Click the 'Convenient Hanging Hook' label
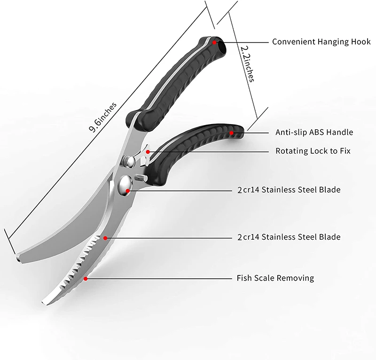(x=321, y=42)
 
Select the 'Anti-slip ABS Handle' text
(x=314, y=133)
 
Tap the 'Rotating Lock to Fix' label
(x=313, y=151)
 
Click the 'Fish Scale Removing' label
(x=275, y=278)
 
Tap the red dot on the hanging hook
(x=214, y=42)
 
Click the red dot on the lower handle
(x=231, y=133)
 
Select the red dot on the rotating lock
(x=148, y=151)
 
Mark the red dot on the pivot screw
(x=129, y=190)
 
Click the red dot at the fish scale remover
(x=86, y=278)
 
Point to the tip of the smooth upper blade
(x=18, y=257)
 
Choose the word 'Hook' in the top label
(x=360, y=42)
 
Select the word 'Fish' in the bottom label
(x=244, y=278)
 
